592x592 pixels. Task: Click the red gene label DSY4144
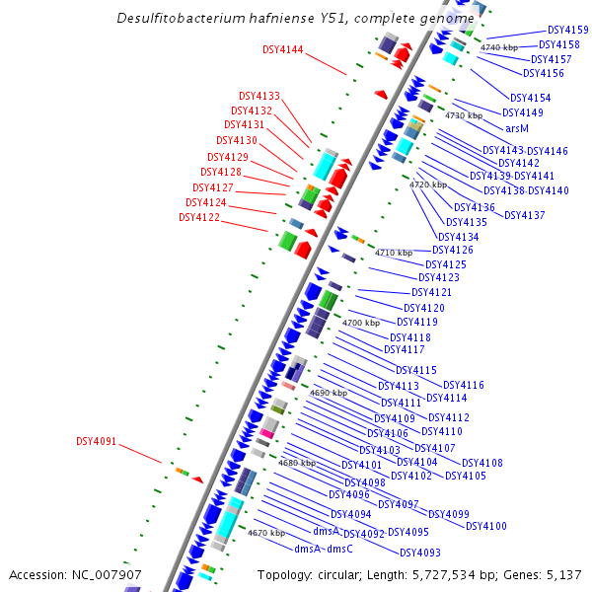point(283,49)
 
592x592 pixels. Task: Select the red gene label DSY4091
point(97,441)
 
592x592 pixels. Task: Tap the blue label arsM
point(517,128)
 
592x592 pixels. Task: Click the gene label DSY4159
point(568,31)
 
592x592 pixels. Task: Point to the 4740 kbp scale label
point(498,47)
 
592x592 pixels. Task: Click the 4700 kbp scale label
point(360,323)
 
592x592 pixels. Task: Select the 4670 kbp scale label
point(265,533)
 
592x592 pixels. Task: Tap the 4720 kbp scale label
point(428,185)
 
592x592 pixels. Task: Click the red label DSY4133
point(259,97)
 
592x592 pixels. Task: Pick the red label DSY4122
point(199,217)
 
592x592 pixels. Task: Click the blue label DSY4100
point(486,526)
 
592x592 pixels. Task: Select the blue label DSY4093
point(420,553)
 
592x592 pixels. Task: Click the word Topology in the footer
point(284,574)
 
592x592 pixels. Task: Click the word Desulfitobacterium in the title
point(184,18)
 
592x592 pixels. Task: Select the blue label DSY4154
point(531,98)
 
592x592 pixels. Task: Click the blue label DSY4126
point(453,251)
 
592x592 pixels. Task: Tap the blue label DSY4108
point(482,463)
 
